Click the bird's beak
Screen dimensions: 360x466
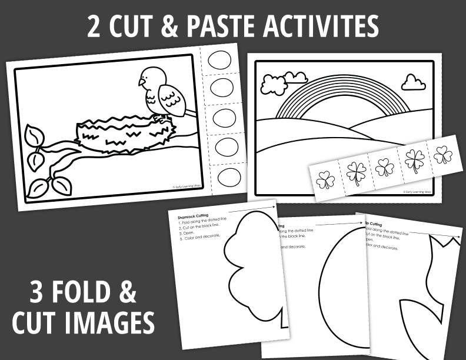(141, 82)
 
